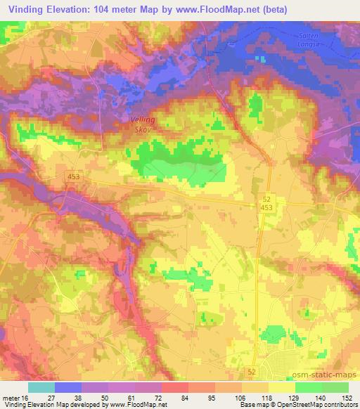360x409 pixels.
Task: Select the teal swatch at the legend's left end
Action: tap(41, 387)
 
